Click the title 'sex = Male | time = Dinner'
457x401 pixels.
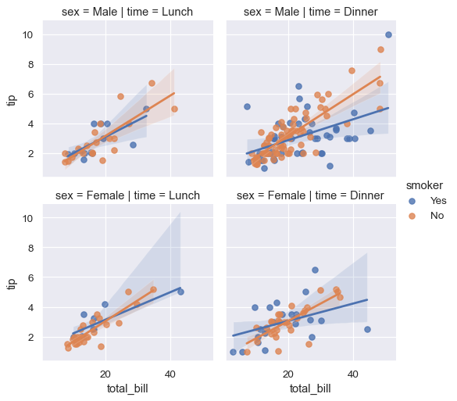point(311,12)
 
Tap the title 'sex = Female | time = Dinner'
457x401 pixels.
point(311,195)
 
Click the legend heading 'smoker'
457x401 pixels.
point(429,185)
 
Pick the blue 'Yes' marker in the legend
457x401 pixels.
point(413,200)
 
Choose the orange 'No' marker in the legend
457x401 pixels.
point(413,215)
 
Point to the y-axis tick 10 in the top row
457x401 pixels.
point(27,35)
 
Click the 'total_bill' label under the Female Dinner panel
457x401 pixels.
point(311,388)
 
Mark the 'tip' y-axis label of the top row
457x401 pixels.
point(12,100)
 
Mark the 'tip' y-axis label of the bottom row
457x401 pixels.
point(12,283)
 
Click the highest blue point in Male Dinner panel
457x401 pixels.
point(388,35)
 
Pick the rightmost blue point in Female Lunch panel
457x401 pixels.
point(180,292)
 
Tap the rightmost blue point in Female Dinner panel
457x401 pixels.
point(367,329)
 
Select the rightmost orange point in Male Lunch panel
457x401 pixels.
point(174,109)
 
